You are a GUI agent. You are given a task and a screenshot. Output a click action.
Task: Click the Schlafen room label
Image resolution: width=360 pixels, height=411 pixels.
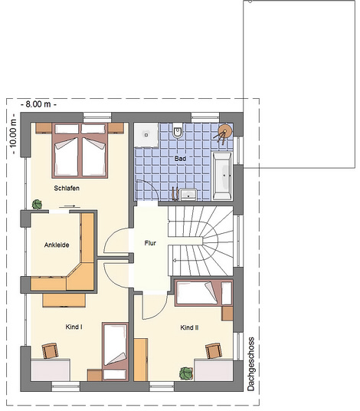pyautogui.click(x=67, y=188)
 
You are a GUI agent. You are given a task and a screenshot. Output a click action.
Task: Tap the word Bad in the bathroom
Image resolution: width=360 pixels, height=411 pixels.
pyautogui.click(x=181, y=159)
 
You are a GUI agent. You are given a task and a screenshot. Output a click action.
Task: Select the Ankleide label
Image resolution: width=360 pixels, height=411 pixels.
pyautogui.click(x=57, y=245)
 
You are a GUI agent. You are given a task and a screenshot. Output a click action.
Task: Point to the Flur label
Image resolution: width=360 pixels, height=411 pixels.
pyautogui.click(x=150, y=243)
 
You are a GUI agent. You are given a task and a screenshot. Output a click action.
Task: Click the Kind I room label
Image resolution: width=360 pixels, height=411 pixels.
pyautogui.click(x=74, y=327)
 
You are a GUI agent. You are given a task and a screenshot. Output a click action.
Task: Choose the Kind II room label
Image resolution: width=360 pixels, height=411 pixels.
pyautogui.click(x=189, y=327)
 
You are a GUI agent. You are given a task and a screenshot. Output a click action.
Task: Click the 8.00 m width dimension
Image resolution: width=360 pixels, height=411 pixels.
pyautogui.click(x=38, y=104)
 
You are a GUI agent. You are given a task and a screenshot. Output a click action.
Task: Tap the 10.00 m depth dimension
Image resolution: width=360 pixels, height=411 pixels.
pyautogui.click(x=13, y=134)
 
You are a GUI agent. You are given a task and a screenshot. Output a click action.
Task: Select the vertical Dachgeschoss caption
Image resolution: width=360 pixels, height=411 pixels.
pyautogui.click(x=250, y=363)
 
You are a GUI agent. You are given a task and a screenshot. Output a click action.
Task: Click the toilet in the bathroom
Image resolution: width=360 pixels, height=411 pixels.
pyautogui.click(x=178, y=130)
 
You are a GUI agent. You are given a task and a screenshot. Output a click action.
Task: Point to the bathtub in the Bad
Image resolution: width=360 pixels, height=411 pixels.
pyautogui.click(x=222, y=176)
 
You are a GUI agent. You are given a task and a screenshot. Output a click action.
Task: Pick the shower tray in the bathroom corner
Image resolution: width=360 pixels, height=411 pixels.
pyautogui.click(x=146, y=135)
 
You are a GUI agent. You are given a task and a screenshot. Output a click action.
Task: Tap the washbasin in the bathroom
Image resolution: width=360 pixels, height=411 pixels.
pyautogui.click(x=188, y=194)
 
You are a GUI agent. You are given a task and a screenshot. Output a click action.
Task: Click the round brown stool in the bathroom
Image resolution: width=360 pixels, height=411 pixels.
pyautogui.click(x=225, y=130)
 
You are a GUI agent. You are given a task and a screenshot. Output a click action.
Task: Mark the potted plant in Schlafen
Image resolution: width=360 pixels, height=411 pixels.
pyautogui.click(x=37, y=204)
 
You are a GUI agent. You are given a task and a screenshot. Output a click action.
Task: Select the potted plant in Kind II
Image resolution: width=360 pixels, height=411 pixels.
pyautogui.click(x=186, y=373)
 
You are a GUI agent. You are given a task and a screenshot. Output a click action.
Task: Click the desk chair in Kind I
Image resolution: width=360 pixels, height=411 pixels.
pyautogui.click(x=51, y=350)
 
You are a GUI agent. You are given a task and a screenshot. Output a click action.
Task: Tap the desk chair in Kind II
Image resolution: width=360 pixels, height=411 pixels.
pyautogui.click(x=214, y=350)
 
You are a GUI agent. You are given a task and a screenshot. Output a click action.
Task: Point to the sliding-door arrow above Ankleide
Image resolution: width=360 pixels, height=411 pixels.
pyautogui.click(x=70, y=206)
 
